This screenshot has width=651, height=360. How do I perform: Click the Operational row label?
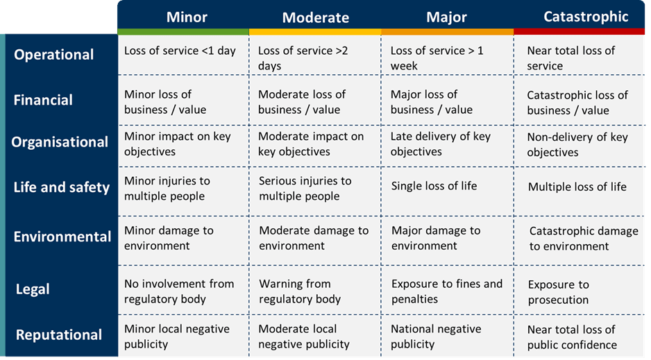pyautogui.click(x=54, y=55)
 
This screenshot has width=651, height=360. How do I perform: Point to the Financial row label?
pyautogui.click(x=43, y=100)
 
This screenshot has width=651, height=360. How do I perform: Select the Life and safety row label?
pyautogui.click(x=61, y=187)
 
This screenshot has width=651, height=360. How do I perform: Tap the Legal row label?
pyautogui.click(x=33, y=289)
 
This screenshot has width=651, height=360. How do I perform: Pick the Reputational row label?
pyautogui.click(x=59, y=335)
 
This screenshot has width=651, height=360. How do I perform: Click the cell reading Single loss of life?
pyautogui.click(x=434, y=186)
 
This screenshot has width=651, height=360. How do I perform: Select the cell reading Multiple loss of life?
pyautogui.click(x=577, y=187)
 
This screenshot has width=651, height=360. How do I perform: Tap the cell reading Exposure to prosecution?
pyautogui.click(x=558, y=292)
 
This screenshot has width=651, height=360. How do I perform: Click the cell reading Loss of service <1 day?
pyautogui.click(x=180, y=51)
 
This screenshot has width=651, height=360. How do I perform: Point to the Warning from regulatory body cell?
pyautogui.click(x=300, y=291)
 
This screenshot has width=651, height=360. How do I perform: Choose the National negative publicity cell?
pyautogui.click(x=436, y=336)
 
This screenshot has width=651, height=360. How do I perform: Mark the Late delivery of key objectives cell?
pyautogui.click(x=440, y=144)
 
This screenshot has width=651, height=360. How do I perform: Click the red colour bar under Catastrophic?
pyautogui.click(x=582, y=32)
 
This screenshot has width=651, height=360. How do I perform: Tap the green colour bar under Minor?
pyautogui.click(x=183, y=32)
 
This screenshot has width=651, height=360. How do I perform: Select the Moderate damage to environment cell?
pyautogui.click(x=314, y=238)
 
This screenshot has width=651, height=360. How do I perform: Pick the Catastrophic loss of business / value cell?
pyautogui.click(x=577, y=103)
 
